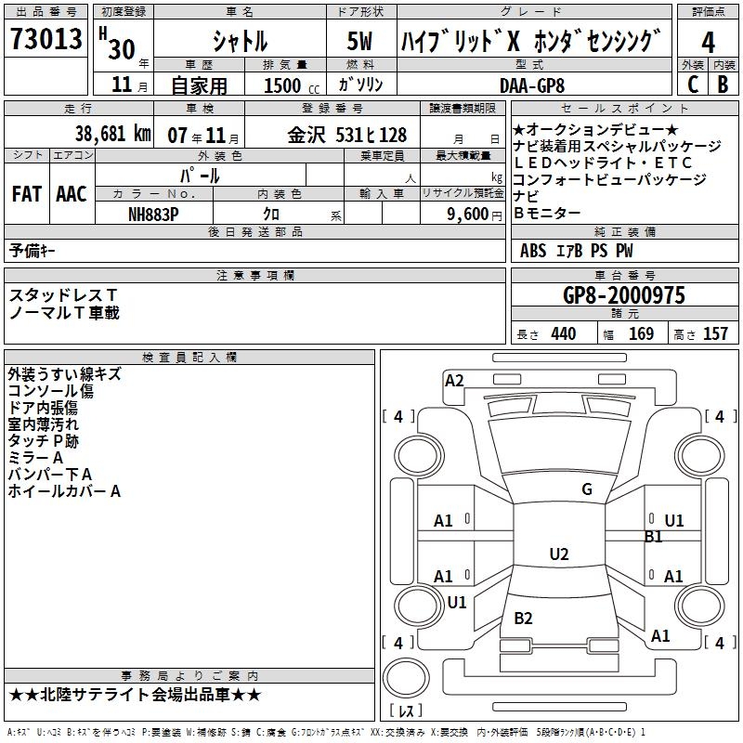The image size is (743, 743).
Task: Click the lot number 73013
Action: [45, 42]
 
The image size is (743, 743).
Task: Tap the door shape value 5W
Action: [360, 42]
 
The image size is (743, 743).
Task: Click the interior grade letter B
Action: [723, 84]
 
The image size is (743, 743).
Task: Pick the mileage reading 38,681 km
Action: [112, 134]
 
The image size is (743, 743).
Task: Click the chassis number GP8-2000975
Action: [624, 295]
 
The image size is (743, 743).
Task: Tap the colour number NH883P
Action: [153, 214]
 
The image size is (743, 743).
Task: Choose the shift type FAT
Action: [26, 194]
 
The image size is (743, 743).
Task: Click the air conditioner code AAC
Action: [72, 194]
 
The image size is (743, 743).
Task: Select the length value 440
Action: [563, 333]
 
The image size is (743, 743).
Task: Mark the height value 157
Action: [715, 333]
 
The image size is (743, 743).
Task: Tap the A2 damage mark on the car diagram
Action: [454, 380]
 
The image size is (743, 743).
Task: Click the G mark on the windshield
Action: [586, 489]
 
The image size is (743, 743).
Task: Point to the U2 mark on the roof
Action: [558, 554]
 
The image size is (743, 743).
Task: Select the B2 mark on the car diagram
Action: [523, 619]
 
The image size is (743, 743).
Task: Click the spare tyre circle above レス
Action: [406, 679]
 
